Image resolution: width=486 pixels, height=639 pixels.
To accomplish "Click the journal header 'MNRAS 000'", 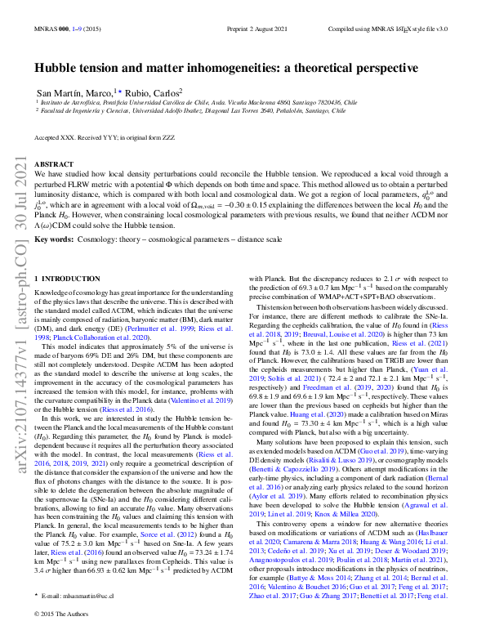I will point(49,28).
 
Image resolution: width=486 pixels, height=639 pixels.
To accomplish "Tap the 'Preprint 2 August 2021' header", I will point(243,28).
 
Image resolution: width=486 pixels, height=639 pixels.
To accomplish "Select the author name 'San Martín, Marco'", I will point(74,92).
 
